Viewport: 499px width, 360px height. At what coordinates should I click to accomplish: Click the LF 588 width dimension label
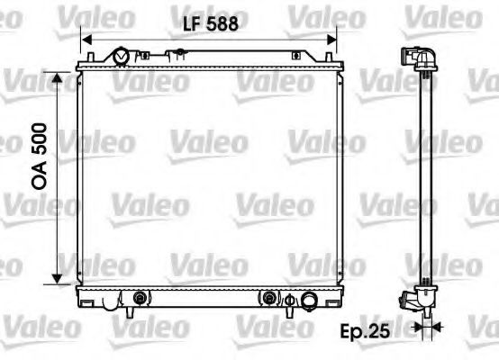pyautogui.click(x=208, y=25)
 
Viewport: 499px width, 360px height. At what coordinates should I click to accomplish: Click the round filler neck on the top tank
pyautogui.click(x=122, y=57)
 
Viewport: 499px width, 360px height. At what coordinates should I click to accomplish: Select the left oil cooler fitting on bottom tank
pyautogui.click(x=139, y=298)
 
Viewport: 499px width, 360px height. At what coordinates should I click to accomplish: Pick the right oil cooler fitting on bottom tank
pyautogui.click(x=269, y=298)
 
